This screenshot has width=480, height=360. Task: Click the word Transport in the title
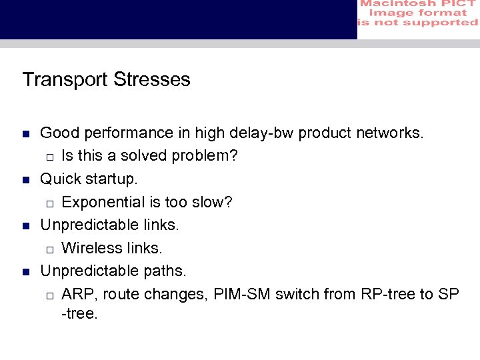[x=65, y=80]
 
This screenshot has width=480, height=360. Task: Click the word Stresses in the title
[x=152, y=80]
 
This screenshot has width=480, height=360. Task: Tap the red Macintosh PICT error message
[x=418, y=13]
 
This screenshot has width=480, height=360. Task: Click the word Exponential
[x=100, y=203]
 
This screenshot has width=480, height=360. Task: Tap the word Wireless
[x=87, y=249]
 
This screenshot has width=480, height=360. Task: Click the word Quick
[x=60, y=179]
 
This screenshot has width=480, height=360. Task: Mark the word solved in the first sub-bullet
[x=145, y=157]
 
